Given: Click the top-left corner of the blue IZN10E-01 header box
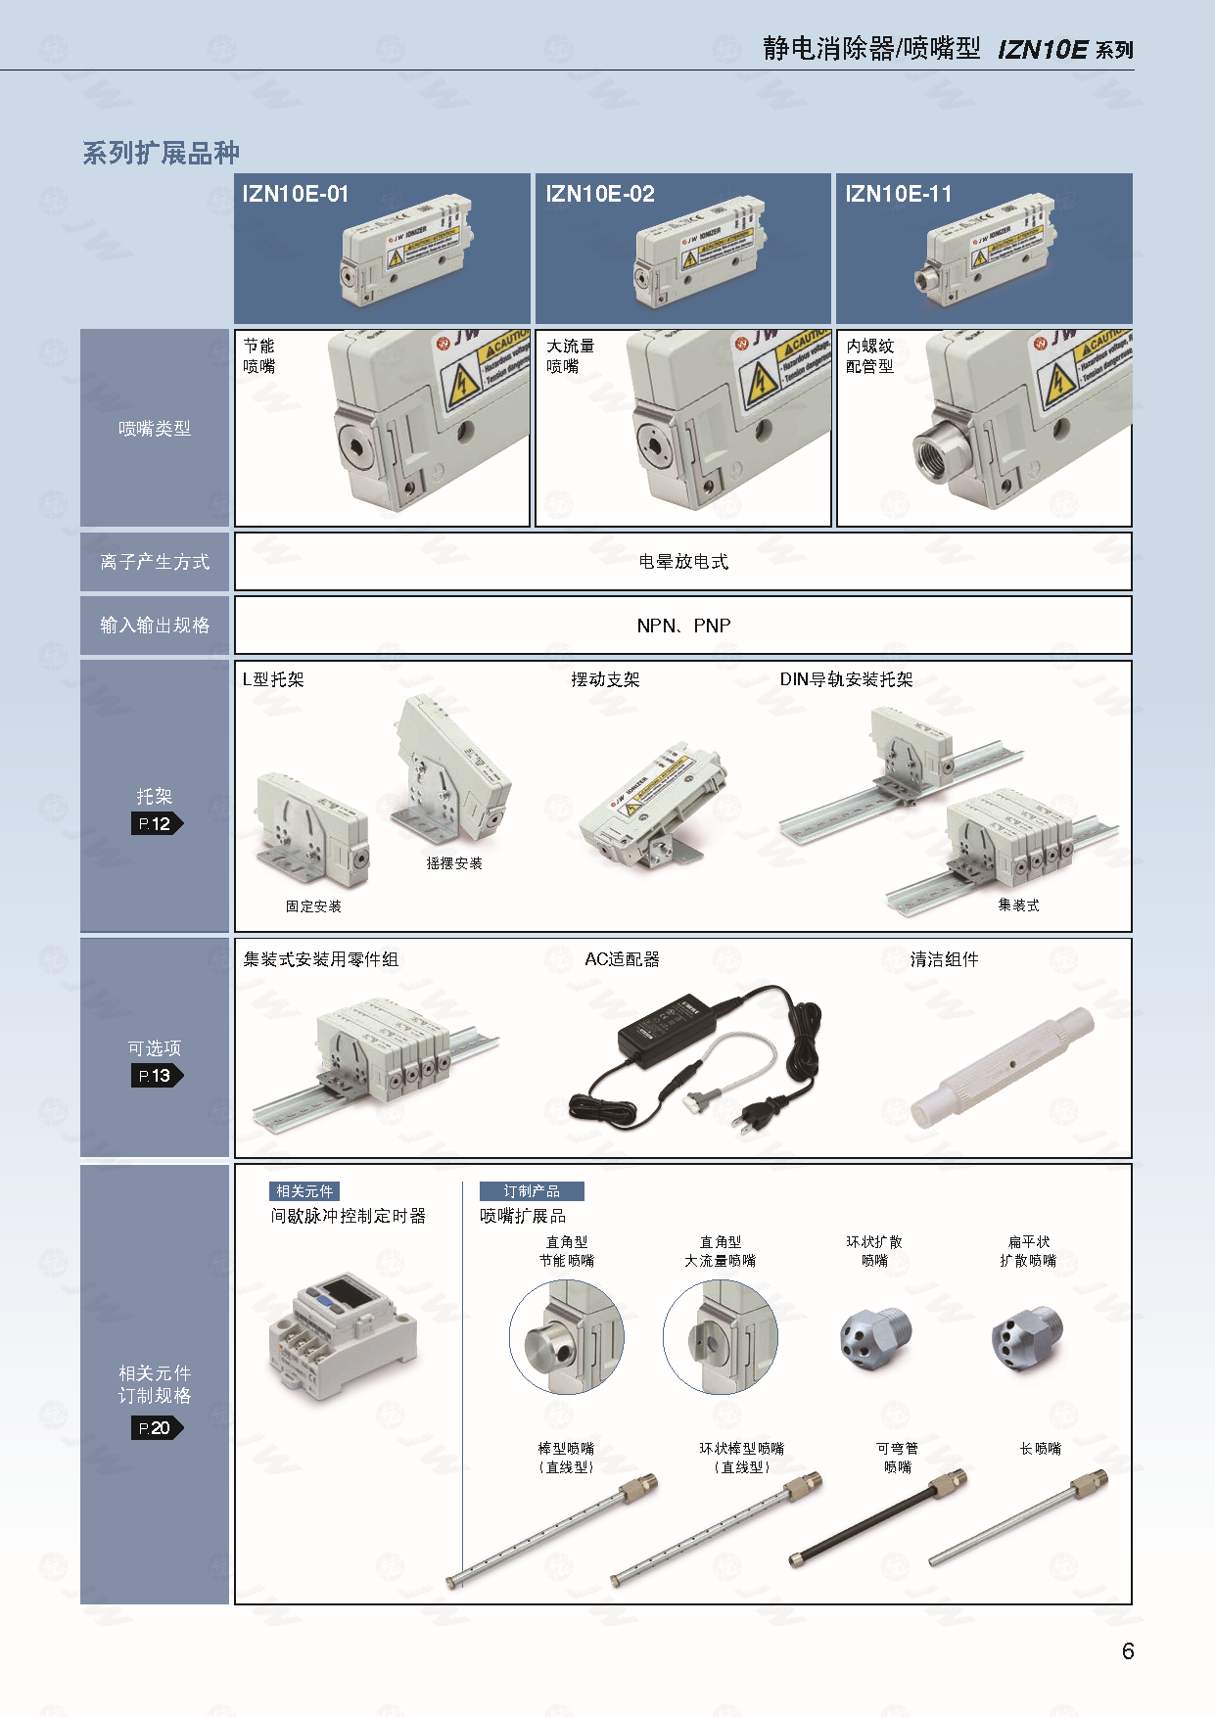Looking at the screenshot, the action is click(x=235, y=174).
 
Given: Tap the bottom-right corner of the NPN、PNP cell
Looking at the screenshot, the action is click(x=1132, y=653).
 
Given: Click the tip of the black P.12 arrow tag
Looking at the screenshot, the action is click(x=183, y=823).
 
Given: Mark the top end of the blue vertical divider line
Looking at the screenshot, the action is click(x=462, y=1183).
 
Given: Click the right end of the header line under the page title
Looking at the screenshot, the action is click(x=1134, y=70).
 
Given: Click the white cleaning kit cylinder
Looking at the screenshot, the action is click(x=1001, y=1068).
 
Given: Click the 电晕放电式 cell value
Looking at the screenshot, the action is click(x=683, y=562).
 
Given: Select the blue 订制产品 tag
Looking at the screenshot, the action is click(x=532, y=1191).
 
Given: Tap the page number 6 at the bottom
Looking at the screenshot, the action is click(x=1128, y=1651).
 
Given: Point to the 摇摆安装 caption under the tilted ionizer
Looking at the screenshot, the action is click(x=454, y=863).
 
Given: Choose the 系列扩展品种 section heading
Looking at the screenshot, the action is click(x=161, y=153).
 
